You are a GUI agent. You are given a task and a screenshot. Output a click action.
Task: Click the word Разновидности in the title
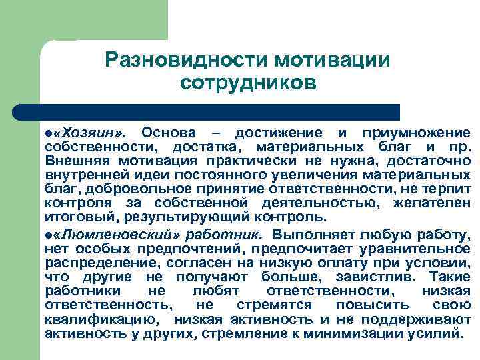(186, 60)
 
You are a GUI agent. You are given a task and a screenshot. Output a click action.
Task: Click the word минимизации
(376, 333)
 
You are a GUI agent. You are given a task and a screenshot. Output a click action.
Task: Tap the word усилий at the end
(441, 333)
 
